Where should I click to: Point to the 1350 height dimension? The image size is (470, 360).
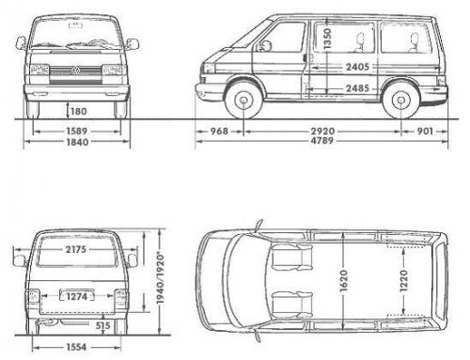click(x=324, y=39)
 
